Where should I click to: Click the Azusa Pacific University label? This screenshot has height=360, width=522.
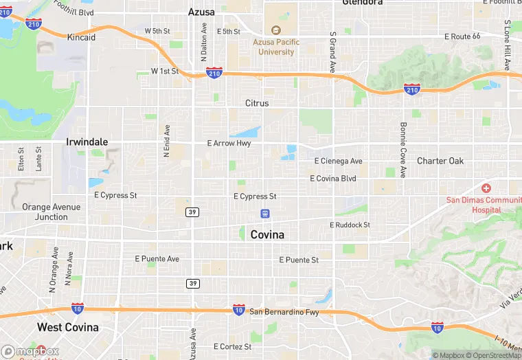[276, 47]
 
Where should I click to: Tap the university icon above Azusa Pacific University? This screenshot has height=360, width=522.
[276, 30]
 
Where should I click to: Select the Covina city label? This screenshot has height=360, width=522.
[267, 234]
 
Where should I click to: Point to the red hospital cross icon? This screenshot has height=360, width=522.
[486, 188]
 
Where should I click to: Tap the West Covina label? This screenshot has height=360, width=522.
[67, 327]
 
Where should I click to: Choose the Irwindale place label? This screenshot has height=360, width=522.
[87, 142]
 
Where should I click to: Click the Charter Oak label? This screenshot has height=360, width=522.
[440, 161]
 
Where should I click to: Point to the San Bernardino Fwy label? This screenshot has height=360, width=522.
[284, 312]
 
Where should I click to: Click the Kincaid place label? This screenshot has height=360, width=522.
[81, 37]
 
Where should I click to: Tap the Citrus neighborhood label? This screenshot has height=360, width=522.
[257, 103]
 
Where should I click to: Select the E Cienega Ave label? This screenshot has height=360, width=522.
[338, 161]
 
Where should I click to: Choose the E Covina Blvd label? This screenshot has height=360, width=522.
[333, 179]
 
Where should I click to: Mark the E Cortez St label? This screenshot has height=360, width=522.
[232, 347]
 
